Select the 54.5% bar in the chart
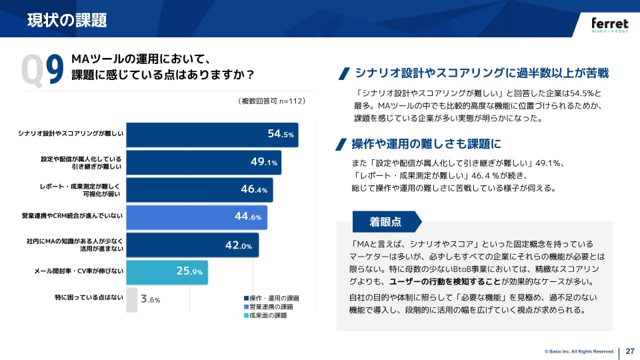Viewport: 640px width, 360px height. (212, 134)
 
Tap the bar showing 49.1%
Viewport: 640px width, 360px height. (203, 162)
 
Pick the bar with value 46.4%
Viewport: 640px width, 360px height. (199, 189)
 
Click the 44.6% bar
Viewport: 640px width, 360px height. (197, 217)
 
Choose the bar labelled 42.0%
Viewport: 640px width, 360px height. (192, 245)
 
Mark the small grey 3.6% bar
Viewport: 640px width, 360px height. (132, 299)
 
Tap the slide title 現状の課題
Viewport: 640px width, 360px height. (67, 20)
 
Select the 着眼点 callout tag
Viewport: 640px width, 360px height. (385, 221)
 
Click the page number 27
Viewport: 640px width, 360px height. (629, 351)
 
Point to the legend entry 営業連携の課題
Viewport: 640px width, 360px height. (271, 307)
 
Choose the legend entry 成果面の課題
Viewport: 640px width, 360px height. (267, 315)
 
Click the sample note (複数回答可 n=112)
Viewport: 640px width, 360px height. (271, 101)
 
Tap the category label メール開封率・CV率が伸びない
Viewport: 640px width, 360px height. (79, 272)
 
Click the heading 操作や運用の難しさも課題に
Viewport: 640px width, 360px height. (426, 143)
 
